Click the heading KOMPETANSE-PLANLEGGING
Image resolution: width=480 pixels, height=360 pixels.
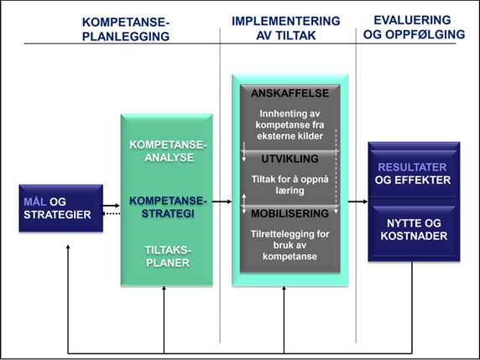pos(126,29)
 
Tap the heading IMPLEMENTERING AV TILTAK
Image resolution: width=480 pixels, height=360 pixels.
pos(286,29)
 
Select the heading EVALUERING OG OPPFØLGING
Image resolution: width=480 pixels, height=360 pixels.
pos(414,27)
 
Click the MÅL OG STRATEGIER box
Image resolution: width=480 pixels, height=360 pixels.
pos(61,208)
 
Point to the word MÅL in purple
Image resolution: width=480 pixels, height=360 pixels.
pos(35,202)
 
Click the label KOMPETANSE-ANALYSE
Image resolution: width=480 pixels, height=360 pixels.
pos(168,151)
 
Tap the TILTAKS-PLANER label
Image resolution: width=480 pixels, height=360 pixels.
pos(168,257)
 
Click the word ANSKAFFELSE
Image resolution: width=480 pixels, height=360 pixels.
pos(290,93)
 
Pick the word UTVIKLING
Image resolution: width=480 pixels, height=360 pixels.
pos(290,159)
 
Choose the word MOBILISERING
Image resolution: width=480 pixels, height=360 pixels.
pos(290,213)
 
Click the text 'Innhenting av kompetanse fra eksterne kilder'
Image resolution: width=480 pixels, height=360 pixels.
pos(290,125)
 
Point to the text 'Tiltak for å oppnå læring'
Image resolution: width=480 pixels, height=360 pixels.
pos(290,185)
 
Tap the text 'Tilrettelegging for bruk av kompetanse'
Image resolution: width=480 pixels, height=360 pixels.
pos(290,245)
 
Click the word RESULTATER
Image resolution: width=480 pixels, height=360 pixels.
pos(412,168)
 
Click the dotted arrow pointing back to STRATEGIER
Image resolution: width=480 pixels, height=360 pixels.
pos(111,214)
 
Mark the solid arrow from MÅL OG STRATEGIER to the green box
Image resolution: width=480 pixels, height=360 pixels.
pos(110,206)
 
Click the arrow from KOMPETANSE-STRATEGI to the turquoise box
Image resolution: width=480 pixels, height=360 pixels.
pos(222,201)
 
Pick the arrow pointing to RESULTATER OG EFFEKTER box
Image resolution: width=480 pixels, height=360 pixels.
pos(357,201)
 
